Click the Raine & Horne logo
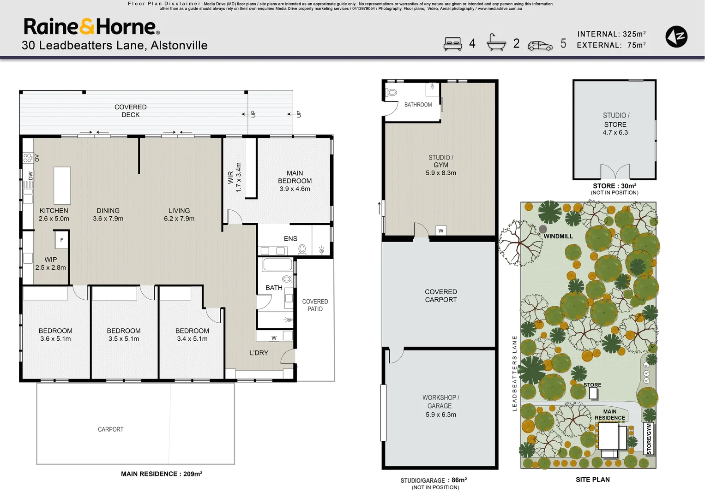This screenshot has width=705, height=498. (x=91, y=27)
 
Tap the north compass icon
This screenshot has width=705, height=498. (x=676, y=37)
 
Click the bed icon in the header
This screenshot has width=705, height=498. (x=452, y=43)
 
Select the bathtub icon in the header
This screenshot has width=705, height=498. (x=496, y=42)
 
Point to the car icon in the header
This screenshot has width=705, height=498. (x=540, y=45)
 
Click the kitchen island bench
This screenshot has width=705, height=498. (x=62, y=185)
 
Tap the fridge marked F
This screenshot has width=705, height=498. (x=62, y=240)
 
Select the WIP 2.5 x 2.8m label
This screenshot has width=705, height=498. (x=51, y=263)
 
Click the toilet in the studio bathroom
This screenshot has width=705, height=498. (x=392, y=92)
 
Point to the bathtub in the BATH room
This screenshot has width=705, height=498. (x=277, y=265)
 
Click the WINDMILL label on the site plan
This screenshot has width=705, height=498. (x=558, y=236)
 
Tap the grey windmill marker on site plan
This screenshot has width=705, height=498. (x=543, y=229)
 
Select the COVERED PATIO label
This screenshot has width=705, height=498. (x=315, y=305)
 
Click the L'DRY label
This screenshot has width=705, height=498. (x=259, y=353)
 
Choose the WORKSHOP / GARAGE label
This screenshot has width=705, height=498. (x=440, y=402)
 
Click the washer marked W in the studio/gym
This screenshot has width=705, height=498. (x=441, y=231)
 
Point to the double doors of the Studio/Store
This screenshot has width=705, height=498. (x=615, y=172)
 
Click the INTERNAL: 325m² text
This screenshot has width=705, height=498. (x=611, y=34)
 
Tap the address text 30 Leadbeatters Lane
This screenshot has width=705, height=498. (x=114, y=46)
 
